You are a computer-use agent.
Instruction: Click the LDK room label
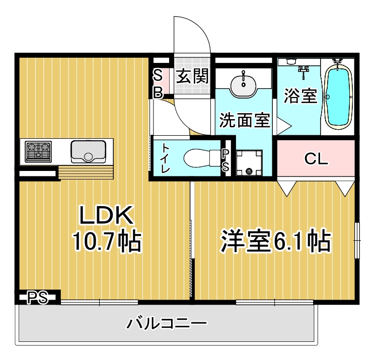tap(106, 215)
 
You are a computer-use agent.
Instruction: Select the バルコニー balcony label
tap(167, 323)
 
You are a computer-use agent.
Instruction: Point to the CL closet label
tap(316, 158)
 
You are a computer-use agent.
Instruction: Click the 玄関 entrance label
tap(192, 76)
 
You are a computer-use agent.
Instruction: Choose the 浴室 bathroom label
tap(300, 96)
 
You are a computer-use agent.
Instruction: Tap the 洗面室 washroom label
tap(245, 120)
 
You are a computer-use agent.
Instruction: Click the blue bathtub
tap(337, 97)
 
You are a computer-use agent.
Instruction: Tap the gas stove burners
tap(39, 151)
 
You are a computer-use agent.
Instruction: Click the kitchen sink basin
tap(88, 151)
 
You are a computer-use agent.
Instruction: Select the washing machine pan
tap(249, 163)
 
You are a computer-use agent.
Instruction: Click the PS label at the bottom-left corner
tap(37, 298)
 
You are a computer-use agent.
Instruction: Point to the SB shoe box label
tap(158, 83)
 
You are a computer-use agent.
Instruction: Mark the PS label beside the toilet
tap(225, 160)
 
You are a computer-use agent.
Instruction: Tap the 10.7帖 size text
tap(107, 241)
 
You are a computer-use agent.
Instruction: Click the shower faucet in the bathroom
tap(304, 71)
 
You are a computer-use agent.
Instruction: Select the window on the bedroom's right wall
tap(357, 240)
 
